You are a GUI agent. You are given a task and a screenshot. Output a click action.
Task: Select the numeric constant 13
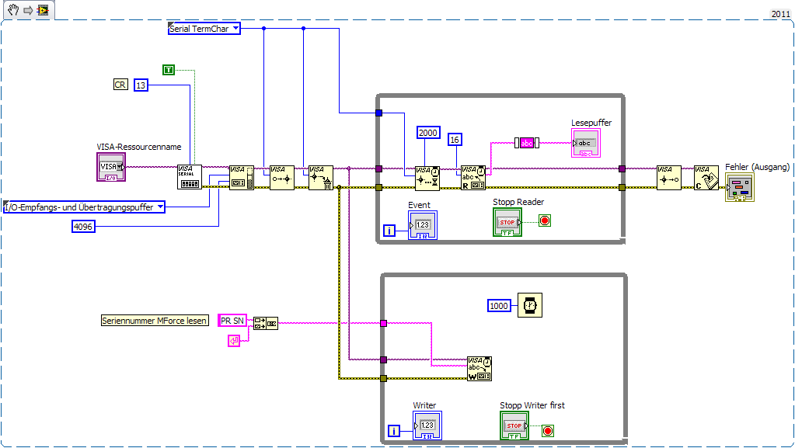pyautogui.click(x=141, y=85)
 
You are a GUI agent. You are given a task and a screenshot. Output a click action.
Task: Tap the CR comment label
pyautogui.click(x=120, y=85)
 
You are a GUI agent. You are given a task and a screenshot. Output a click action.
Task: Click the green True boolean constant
pyautogui.click(x=169, y=70)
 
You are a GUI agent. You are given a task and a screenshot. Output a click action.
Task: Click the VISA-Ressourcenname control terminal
pyautogui.click(x=110, y=166)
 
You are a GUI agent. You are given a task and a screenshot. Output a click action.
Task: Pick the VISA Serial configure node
pyautogui.click(x=189, y=176)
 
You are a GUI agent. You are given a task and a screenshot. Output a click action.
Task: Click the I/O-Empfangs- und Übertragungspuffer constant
pyautogui.click(x=84, y=207)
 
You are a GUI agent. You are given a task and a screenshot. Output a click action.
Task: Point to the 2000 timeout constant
pyautogui.click(x=428, y=133)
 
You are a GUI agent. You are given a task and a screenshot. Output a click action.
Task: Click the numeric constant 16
pyautogui.click(x=455, y=140)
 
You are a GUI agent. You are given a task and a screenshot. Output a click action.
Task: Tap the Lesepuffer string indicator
pyautogui.click(x=585, y=144)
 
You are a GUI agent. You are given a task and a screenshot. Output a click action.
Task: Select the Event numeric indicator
pyautogui.click(x=422, y=225)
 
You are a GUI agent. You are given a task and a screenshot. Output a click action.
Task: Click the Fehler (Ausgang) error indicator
pyautogui.click(x=739, y=187)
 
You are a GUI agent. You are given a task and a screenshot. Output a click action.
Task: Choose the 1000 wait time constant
pyautogui.click(x=498, y=306)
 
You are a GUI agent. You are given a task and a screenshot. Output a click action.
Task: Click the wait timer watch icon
pyautogui.click(x=530, y=306)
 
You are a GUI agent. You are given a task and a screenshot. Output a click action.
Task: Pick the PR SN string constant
pyautogui.click(x=232, y=320)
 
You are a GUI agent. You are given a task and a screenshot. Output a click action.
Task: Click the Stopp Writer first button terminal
pyautogui.click(x=514, y=425)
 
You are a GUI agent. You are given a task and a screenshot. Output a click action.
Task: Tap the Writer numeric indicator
pyautogui.click(x=427, y=425)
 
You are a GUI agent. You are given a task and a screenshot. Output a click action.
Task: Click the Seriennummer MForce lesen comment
pyautogui.click(x=155, y=320)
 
